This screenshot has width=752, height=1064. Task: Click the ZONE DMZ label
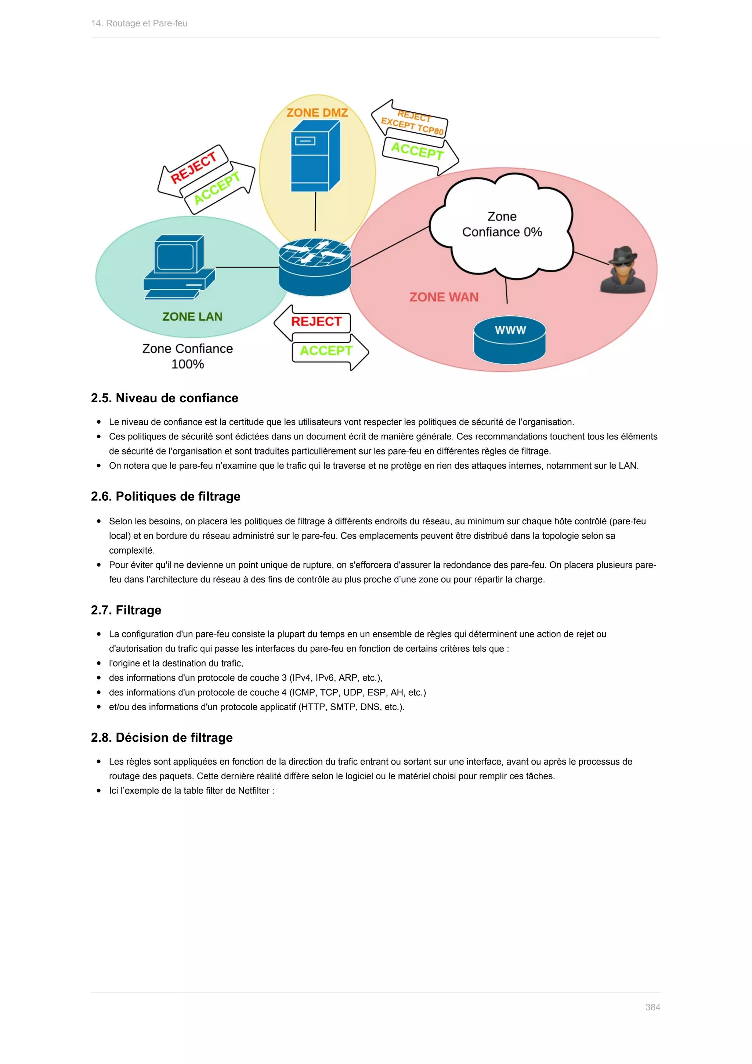coord(317,113)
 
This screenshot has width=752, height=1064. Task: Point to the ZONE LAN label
coord(192,316)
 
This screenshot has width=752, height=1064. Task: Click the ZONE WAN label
coord(444,297)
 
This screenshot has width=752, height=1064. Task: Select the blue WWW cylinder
coord(509,340)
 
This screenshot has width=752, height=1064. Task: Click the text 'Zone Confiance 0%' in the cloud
coord(502,224)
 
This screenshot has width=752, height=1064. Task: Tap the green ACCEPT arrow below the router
coord(327,351)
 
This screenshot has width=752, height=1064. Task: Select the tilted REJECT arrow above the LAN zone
coord(193,168)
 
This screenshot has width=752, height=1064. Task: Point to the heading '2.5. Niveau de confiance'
coord(164,398)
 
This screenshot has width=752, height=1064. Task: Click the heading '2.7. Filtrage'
coord(126,610)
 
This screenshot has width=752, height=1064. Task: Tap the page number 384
coord(652,1007)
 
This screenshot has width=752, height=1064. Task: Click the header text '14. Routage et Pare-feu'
coord(140,23)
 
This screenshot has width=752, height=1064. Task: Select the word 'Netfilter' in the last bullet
coord(253,791)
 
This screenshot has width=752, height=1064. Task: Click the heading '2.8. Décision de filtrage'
coord(162,737)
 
